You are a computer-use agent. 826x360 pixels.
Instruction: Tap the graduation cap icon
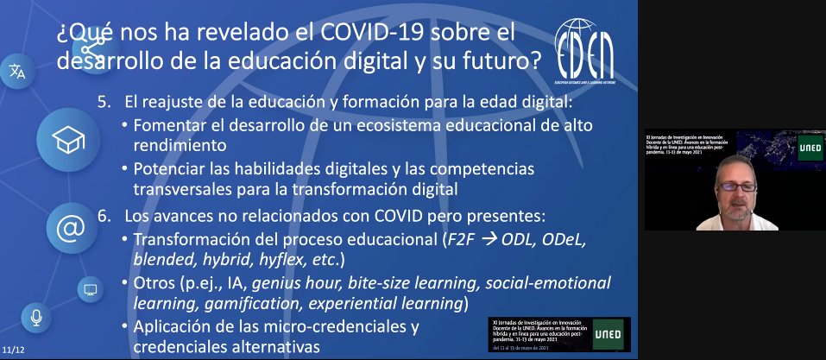66,139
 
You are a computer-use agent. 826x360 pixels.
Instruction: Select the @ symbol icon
69,229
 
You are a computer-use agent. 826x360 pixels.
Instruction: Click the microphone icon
36,319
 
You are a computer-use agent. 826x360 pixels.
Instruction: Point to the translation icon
17,72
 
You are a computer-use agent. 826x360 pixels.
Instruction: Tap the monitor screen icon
88,287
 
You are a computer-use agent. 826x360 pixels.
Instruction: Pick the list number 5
104,102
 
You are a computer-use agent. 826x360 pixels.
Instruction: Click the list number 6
104,214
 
